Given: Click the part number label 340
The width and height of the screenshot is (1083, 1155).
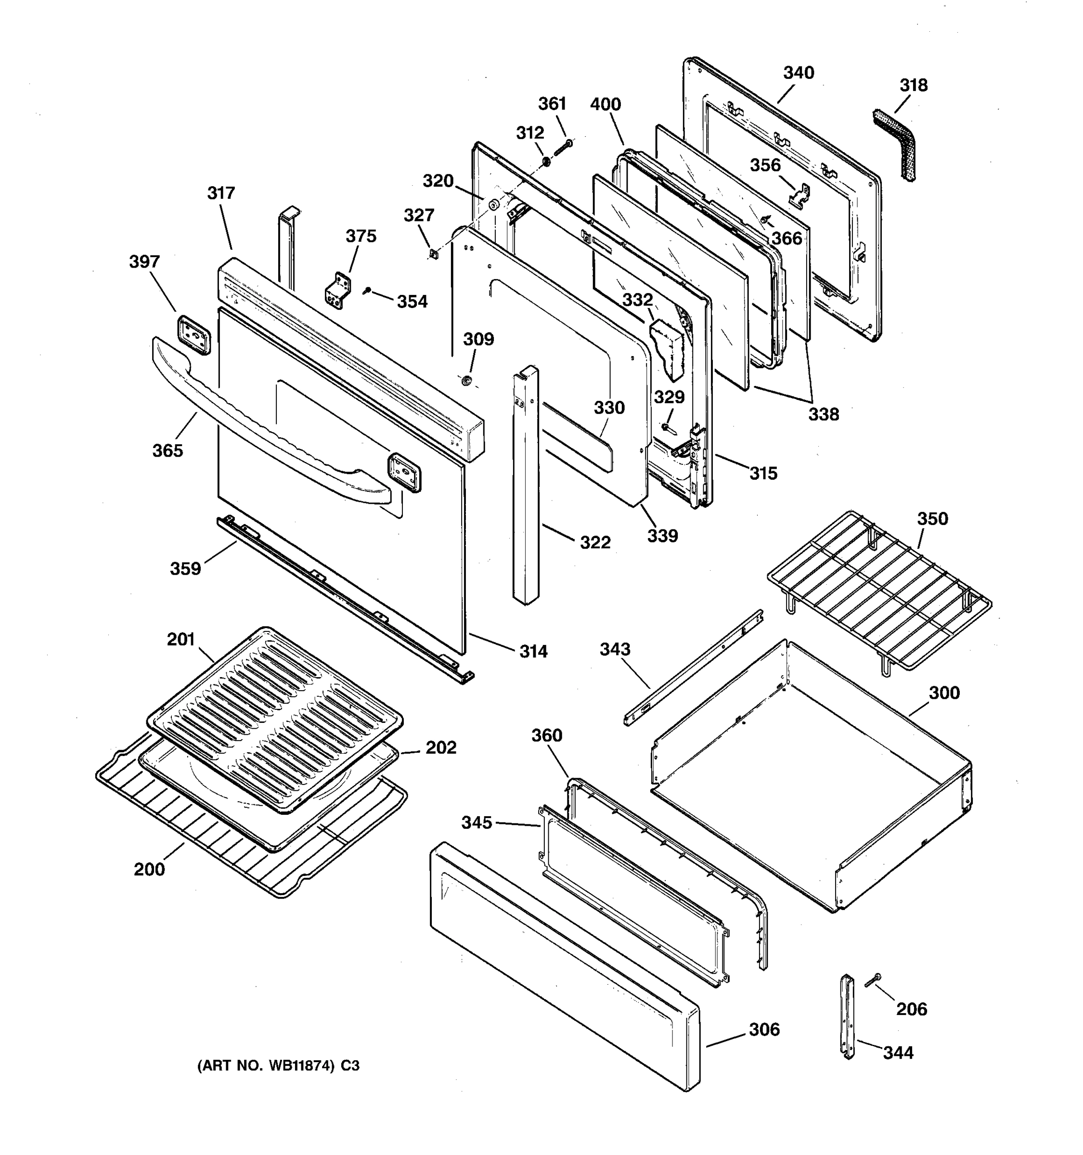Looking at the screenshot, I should (799, 73).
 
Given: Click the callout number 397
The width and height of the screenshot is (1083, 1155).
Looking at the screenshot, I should (144, 262).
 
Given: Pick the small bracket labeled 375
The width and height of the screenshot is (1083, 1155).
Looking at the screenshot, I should (337, 291).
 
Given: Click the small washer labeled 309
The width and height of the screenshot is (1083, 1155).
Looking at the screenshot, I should (465, 381).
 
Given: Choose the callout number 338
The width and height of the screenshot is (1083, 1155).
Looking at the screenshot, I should (823, 414).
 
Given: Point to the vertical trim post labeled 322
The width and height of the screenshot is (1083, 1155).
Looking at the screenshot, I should (525, 488).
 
